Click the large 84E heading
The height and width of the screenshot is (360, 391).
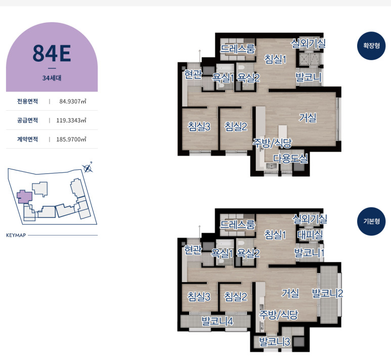click(x=52, y=53)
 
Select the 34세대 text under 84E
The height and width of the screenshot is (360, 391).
click(x=52, y=78)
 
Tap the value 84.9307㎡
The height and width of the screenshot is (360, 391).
click(x=72, y=101)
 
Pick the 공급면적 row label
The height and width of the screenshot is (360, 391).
click(x=27, y=120)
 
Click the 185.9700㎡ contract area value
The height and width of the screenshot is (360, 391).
click(x=71, y=139)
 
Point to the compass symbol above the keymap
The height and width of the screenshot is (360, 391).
click(x=88, y=168)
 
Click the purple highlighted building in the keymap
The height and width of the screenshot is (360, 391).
click(x=24, y=197)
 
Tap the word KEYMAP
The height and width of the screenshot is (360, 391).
click(x=16, y=235)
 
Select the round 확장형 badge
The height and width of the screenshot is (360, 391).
click(x=371, y=46)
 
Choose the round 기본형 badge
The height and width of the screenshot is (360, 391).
click(x=371, y=221)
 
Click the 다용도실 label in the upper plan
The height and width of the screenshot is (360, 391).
click(x=290, y=159)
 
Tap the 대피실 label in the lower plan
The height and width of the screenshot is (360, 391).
click(x=310, y=235)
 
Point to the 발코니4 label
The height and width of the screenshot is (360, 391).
click(x=217, y=321)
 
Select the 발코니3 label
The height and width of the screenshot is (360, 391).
click(x=274, y=342)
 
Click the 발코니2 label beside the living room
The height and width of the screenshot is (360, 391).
click(x=327, y=293)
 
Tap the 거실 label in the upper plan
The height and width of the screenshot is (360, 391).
click(x=308, y=118)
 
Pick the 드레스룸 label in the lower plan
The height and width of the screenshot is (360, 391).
click(x=237, y=224)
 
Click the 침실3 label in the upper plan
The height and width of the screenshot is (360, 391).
click(x=199, y=126)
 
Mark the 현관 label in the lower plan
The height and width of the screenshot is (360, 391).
click(x=193, y=250)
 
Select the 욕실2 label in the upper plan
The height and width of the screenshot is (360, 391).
click(x=248, y=78)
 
